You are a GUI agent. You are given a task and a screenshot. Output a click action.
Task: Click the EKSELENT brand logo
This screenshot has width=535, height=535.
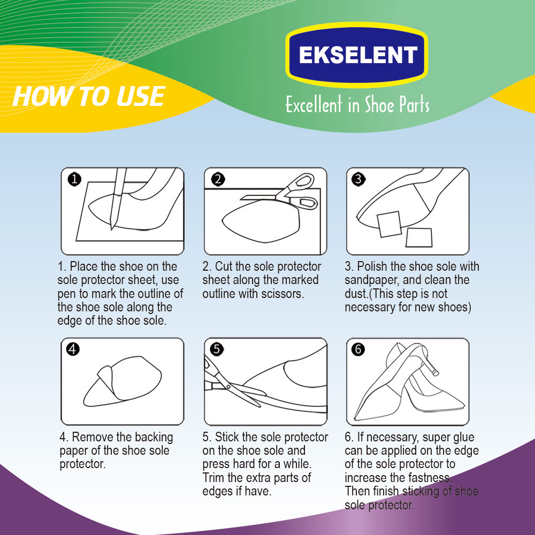[357, 55]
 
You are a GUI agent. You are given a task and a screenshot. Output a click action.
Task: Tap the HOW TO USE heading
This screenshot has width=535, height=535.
[89, 96]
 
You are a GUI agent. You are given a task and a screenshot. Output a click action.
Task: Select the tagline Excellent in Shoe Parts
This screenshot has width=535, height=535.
[357, 104]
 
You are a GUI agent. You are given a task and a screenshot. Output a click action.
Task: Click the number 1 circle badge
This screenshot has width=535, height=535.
[74, 179]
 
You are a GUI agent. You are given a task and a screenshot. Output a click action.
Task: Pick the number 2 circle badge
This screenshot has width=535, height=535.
[218, 179]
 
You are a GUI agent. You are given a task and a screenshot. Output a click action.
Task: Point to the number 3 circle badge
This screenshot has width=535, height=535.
[358, 179]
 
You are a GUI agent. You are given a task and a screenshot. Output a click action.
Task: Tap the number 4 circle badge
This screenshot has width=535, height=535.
[73, 349]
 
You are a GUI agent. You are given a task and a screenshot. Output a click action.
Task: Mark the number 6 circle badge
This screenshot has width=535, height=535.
[358, 349]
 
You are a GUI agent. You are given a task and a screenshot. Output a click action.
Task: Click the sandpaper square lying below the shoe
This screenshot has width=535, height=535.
[419, 238]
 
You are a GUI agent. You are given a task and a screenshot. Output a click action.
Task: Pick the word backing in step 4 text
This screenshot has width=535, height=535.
[154, 438]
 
